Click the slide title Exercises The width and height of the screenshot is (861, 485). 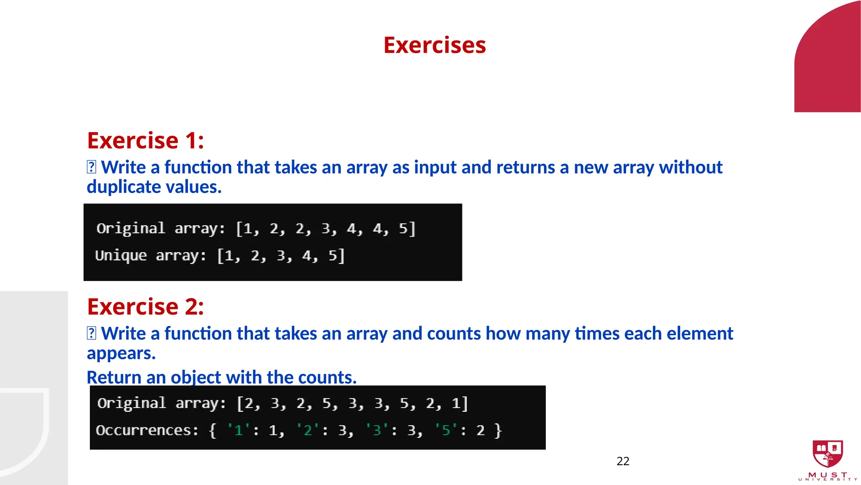pos(434,45)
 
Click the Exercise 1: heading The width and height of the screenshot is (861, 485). pos(145,140)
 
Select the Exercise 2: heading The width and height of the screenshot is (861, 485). pos(145,306)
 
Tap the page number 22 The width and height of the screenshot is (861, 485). pos(623,461)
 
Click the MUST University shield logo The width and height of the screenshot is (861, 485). pos(827,454)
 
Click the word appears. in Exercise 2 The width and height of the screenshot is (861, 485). pos(121,353)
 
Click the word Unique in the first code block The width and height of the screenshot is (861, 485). pos(121,256)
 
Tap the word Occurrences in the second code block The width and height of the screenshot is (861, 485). pos(147,430)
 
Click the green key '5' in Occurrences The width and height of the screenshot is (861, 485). pos(446,430)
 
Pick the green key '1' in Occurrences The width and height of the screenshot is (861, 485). pos(238,430)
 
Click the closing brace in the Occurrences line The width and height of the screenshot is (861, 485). pos(498,430)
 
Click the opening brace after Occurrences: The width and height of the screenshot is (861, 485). pos(213,430)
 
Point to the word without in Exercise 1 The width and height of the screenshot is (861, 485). pos(691,168)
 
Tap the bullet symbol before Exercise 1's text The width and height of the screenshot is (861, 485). pos(91,167)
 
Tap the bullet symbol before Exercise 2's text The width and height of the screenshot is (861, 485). pos(91,333)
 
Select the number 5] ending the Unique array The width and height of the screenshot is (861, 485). pos(336,256)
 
